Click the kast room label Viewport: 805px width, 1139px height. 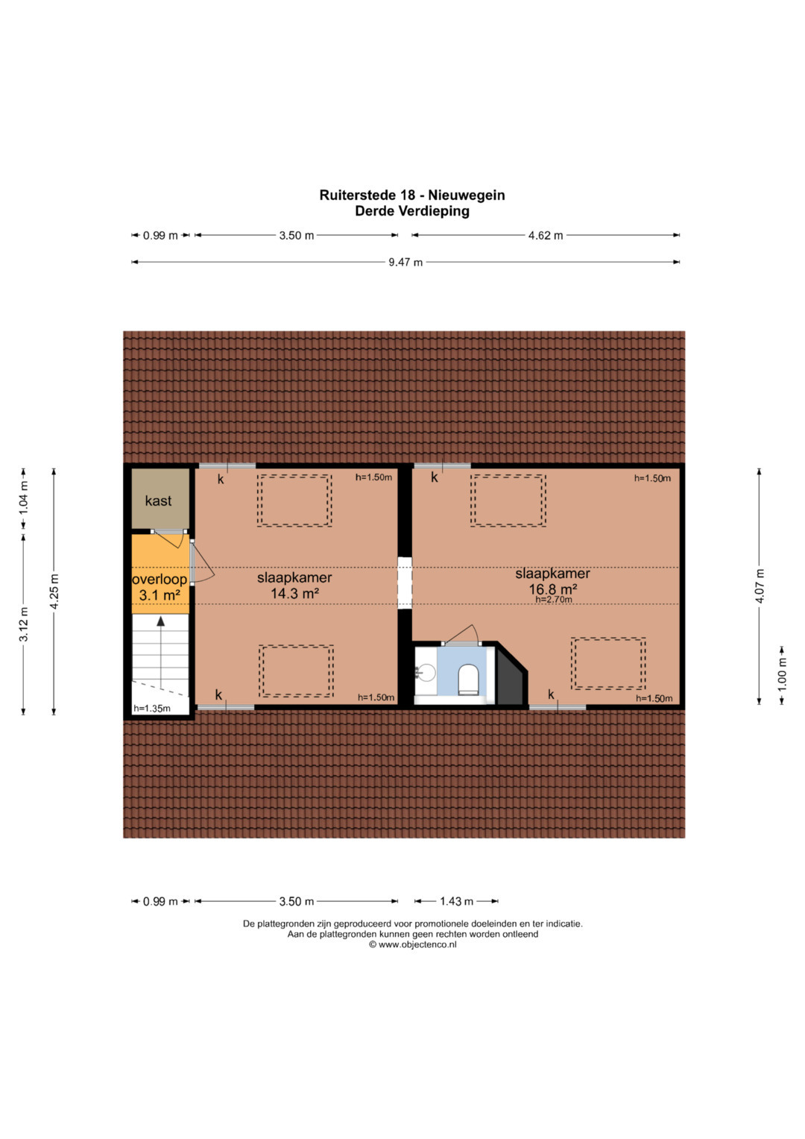click(158, 501)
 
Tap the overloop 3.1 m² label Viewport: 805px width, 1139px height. click(160, 587)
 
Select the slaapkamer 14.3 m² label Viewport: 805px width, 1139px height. click(294, 585)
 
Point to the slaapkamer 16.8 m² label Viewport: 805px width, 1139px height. click(553, 581)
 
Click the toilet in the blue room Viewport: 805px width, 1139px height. click(468, 680)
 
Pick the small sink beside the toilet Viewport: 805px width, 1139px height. click(426, 674)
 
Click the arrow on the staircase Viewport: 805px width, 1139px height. click(160, 652)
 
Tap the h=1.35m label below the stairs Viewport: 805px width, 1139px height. click(152, 709)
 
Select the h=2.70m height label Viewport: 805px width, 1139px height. click(554, 600)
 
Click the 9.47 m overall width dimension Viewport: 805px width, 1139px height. click(405, 263)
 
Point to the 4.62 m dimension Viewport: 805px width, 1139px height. click(546, 236)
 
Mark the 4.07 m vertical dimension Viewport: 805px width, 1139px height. click(760, 586)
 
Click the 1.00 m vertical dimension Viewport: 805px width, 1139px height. click(783, 675)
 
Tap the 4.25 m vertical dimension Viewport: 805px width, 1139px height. click(54, 592)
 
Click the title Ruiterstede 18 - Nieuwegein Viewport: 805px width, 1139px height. click(412, 195)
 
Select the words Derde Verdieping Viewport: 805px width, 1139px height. click(412, 211)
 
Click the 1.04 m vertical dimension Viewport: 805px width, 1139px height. click(23, 498)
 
